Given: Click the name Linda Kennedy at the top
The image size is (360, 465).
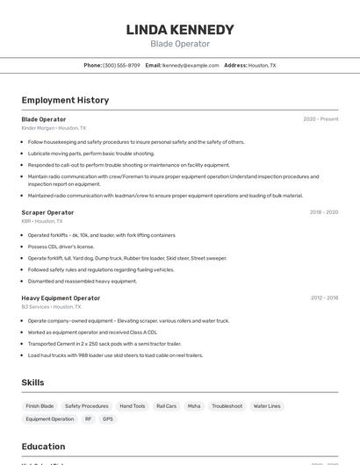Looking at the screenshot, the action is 180,30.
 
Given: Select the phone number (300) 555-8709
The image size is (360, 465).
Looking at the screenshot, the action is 121,65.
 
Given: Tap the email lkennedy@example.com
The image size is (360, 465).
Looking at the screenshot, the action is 191,65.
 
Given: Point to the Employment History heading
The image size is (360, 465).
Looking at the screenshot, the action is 65,100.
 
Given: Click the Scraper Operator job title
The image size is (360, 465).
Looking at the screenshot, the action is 47,212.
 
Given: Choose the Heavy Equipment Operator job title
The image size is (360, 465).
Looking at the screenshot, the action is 61,298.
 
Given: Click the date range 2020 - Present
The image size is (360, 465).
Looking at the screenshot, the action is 320,119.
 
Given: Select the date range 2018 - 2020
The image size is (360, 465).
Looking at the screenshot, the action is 324,212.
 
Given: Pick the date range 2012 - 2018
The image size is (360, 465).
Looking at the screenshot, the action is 324,298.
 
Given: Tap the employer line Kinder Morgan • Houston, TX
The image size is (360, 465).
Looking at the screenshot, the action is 54,128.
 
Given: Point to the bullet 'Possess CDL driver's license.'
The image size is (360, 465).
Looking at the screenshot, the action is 61,247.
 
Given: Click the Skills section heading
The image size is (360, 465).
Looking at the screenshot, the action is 32,383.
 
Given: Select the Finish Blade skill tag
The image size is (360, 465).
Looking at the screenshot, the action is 40,406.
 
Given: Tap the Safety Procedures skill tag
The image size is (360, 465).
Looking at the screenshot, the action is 87,406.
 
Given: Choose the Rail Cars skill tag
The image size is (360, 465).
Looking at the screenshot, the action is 166,406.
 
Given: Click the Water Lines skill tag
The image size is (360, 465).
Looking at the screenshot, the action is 267,406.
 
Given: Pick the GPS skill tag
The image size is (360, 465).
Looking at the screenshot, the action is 108,419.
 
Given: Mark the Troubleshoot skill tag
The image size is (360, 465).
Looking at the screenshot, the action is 227,406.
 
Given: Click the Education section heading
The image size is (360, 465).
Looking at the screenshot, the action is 43,446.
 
